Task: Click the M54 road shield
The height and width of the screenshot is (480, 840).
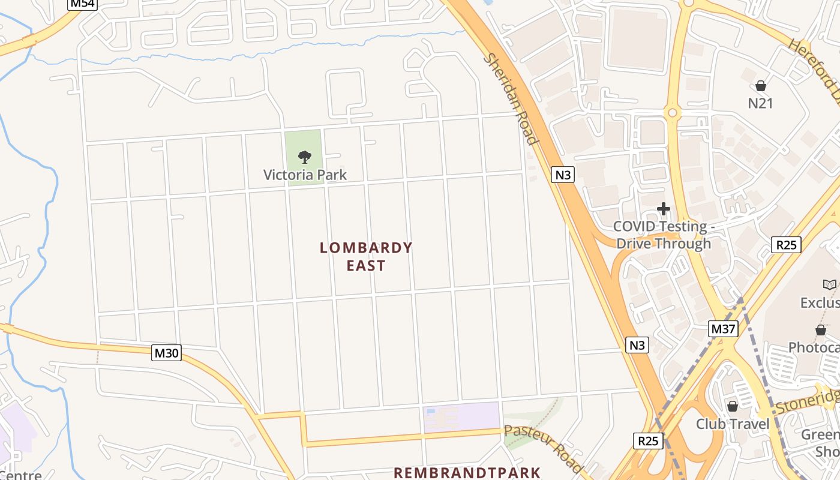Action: click(x=83, y=4)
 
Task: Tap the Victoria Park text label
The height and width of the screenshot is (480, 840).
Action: click(x=305, y=175)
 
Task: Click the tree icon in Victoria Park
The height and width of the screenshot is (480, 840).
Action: click(x=305, y=157)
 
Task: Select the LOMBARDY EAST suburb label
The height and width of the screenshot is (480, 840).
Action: click(x=366, y=256)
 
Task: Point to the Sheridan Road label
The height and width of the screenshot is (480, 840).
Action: click(x=510, y=100)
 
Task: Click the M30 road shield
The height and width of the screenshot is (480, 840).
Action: click(x=166, y=353)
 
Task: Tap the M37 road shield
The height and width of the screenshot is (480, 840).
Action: click(x=723, y=329)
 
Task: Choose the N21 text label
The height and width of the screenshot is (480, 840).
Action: click(x=760, y=103)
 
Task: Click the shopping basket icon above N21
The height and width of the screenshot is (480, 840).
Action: click(x=761, y=86)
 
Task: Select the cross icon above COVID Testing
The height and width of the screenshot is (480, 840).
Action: click(x=663, y=209)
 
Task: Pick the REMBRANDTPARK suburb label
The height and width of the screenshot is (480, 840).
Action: click(x=467, y=473)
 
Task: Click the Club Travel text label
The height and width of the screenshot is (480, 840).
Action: click(x=732, y=424)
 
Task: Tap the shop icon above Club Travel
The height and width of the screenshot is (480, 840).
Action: click(x=732, y=406)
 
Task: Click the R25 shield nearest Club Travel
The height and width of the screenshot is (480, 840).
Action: click(x=648, y=441)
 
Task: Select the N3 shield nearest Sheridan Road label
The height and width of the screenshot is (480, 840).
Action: click(x=563, y=175)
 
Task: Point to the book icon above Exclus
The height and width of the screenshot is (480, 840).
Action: click(x=829, y=284)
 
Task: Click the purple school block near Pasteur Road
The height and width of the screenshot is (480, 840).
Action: click(x=461, y=417)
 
